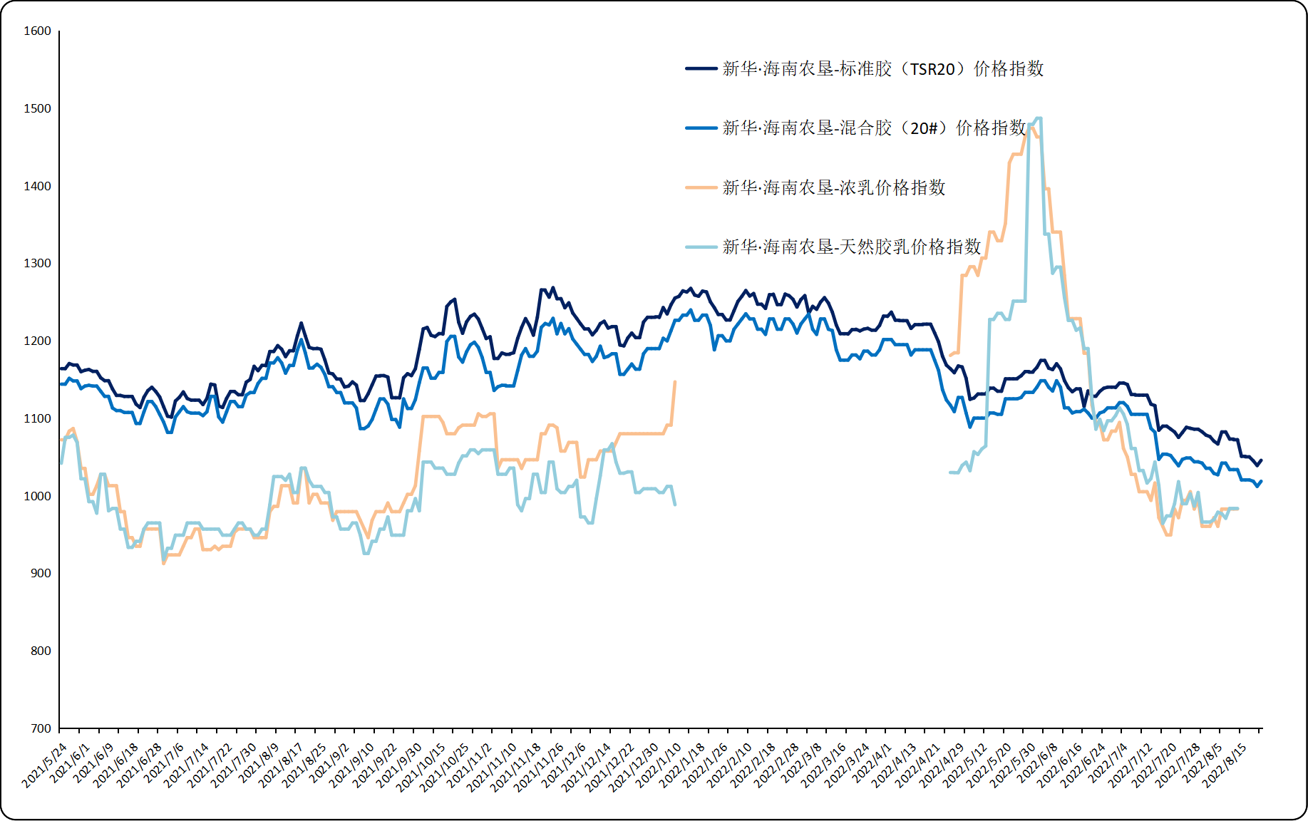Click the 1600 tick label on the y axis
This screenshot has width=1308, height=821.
(x=37, y=31)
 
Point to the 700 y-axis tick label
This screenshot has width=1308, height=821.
(x=41, y=728)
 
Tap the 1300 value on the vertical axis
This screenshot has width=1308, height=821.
(x=37, y=264)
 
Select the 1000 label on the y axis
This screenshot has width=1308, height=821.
(x=37, y=496)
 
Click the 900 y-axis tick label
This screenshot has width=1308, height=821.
(x=41, y=574)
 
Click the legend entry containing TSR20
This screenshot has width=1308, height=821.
(x=882, y=69)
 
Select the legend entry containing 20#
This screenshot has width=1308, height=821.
(x=874, y=128)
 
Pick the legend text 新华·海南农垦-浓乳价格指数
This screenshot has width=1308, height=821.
(x=833, y=188)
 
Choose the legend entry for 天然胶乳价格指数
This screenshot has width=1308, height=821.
(x=851, y=247)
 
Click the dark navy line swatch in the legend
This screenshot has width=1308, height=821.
(x=701, y=69)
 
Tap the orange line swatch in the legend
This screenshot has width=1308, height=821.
(x=701, y=188)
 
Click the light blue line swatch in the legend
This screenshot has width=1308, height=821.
(x=701, y=247)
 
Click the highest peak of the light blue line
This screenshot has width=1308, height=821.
(x=1038, y=118)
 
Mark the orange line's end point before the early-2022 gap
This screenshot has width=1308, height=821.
(x=675, y=382)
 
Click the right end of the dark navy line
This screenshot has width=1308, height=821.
(x=1261, y=460)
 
